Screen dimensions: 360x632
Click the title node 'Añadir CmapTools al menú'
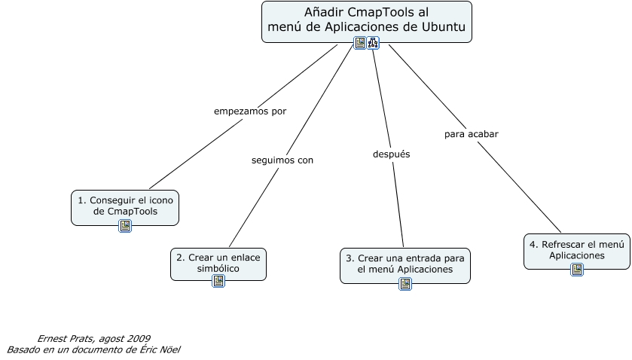[366, 21]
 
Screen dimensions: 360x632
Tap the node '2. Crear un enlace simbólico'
[218, 262]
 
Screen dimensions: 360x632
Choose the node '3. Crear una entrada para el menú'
[405, 263]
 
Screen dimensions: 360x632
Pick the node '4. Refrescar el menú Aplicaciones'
[576, 249]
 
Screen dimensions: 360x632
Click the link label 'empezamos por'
[250, 111]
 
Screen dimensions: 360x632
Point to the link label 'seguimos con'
[282, 160]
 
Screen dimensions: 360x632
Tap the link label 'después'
[392, 154]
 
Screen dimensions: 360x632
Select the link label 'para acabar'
[471, 134]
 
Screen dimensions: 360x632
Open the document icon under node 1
[125, 226]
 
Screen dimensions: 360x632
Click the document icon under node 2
[218, 281]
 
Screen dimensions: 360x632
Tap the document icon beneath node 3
[405, 284]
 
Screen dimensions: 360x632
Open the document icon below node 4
[577, 270]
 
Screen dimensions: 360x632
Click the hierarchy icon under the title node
[373, 43]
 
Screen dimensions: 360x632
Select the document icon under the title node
[360, 43]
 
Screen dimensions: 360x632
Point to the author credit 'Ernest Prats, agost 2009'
[93, 338]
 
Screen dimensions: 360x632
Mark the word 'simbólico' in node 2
[218, 268]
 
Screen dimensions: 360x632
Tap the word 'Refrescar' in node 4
[563, 244]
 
